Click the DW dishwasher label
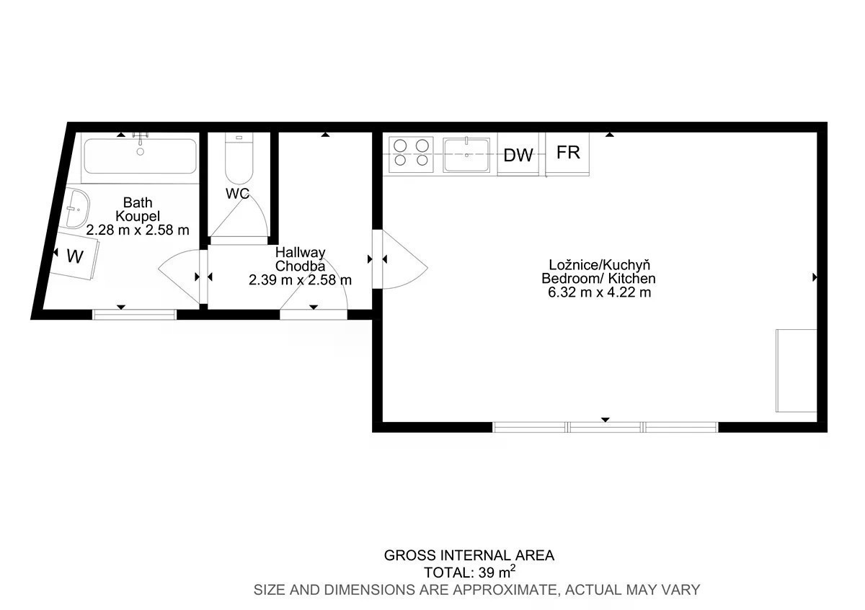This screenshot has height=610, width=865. click(x=518, y=155)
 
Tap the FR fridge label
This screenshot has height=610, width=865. click(x=568, y=153)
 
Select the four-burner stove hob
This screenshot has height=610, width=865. click(x=412, y=155)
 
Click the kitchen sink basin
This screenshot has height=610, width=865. click(x=466, y=155)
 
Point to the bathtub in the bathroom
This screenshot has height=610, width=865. click(x=140, y=156)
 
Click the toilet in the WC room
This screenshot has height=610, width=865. click(x=239, y=158)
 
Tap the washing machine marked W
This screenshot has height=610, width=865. click(x=74, y=256)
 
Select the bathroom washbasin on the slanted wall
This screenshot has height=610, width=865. click(x=76, y=209)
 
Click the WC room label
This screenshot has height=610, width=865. click(x=237, y=194)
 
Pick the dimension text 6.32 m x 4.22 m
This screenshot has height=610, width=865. click(x=599, y=292)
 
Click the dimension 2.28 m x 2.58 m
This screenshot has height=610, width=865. click(x=138, y=230)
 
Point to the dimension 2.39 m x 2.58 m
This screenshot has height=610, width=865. click(x=300, y=279)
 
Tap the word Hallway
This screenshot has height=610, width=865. click(x=300, y=253)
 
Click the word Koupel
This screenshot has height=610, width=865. click(x=138, y=217)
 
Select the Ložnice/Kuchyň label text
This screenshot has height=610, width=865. click(x=600, y=265)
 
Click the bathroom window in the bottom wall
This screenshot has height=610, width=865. click(x=134, y=315)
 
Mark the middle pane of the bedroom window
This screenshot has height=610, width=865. click(x=605, y=427)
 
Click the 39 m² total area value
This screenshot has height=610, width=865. click(x=497, y=572)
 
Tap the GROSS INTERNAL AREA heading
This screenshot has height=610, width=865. click(x=469, y=555)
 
